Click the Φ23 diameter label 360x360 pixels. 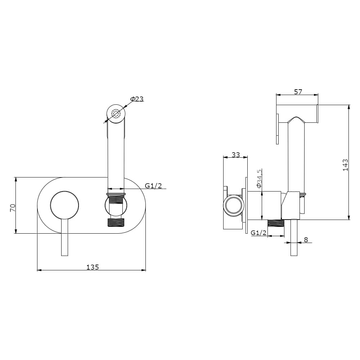tap(137, 99)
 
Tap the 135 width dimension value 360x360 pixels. tap(93, 267)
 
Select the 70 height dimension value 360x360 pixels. tap(13, 208)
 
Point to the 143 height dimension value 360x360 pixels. tap(345, 165)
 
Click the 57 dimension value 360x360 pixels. tap(298, 92)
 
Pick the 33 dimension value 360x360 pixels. tap(235, 155)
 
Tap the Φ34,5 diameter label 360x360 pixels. tap(259, 179)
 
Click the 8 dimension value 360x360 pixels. tap(306, 240)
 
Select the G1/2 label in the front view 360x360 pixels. tap(153, 185)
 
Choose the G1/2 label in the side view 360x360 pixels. tap(258, 233)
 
